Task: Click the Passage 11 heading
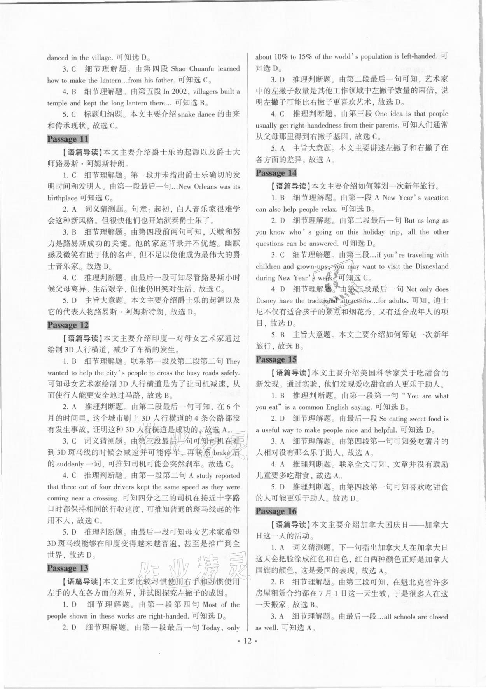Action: (x=68, y=139)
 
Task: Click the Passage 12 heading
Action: (x=68, y=325)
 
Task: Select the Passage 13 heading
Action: (x=68, y=568)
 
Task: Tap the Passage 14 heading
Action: (x=276, y=173)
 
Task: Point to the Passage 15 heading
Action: (x=276, y=359)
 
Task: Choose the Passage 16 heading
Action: (x=276, y=511)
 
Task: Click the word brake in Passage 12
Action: (x=222, y=452)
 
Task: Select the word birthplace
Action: (x=63, y=198)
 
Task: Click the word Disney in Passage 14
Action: (x=266, y=301)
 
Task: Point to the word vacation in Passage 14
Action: (x=433, y=198)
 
